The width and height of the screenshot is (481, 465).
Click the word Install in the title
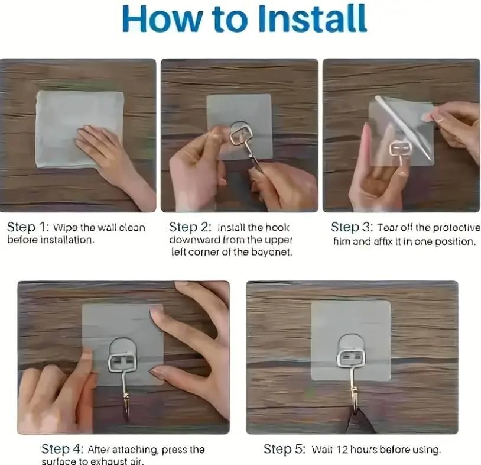click(312, 19)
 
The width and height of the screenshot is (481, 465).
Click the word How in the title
click(162, 19)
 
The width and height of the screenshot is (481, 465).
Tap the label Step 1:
click(28, 227)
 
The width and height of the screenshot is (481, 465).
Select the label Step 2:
click(190, 227)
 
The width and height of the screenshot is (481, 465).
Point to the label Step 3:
click(352, 227)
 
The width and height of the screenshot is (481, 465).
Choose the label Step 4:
click(62, 450)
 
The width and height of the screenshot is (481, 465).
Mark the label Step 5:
click(285, 450)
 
